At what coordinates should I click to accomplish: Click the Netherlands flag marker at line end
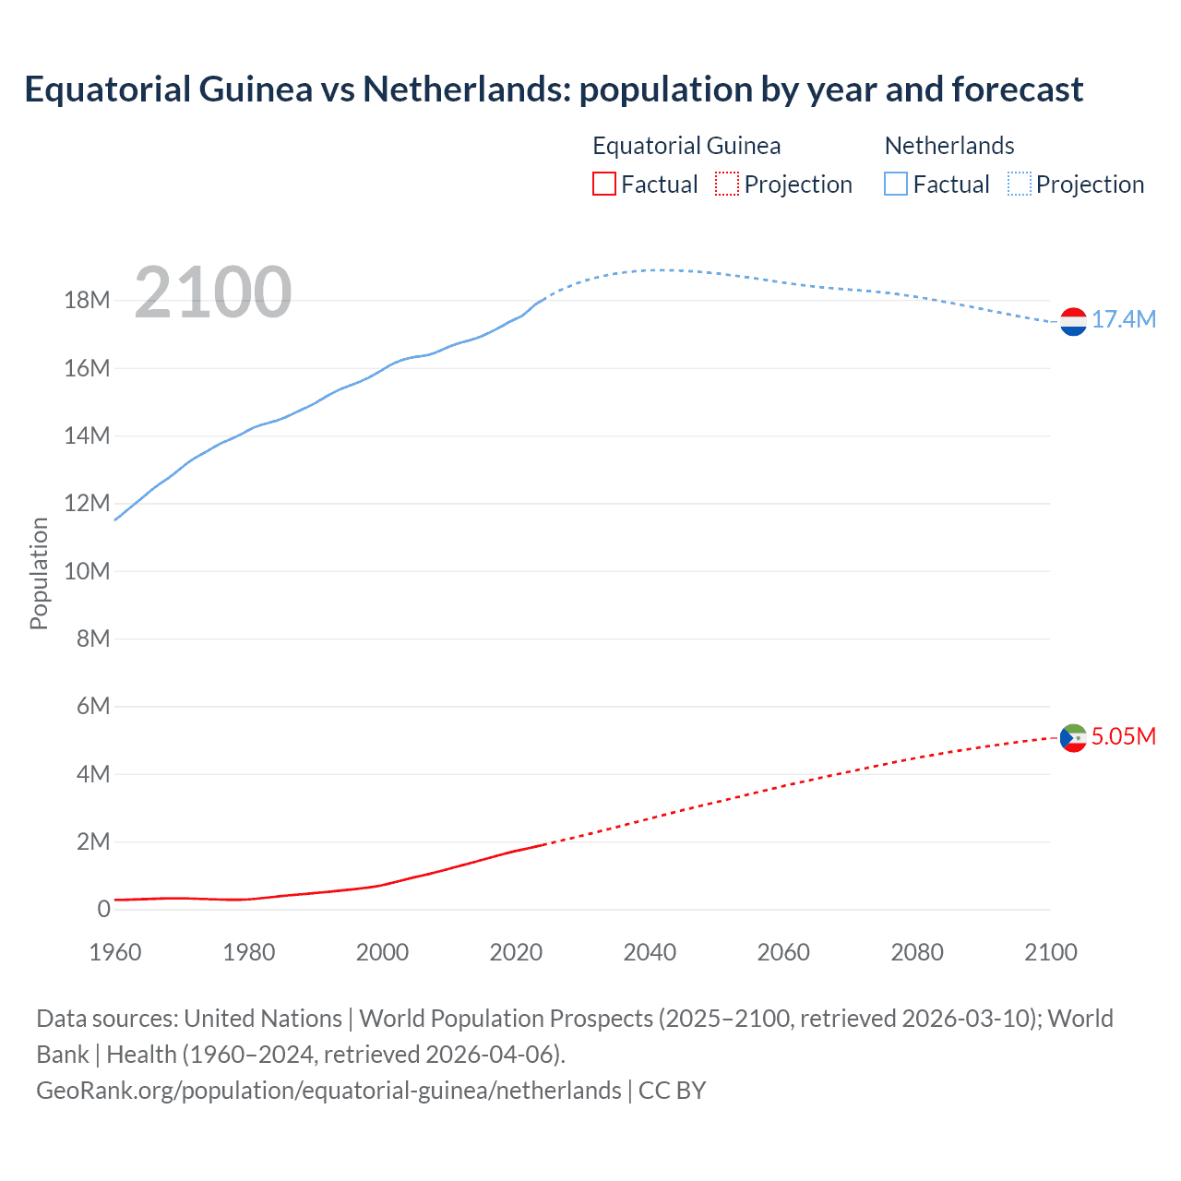pos(1073,322)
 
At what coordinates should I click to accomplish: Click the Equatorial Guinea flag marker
pos(1073,738)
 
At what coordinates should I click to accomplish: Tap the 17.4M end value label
pos(1124,320)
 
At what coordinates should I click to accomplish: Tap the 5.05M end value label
pos(1124,736)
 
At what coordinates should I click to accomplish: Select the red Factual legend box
pos(603,185)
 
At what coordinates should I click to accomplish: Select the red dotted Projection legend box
pos(727,185)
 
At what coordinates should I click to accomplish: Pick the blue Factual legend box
pos(896,185)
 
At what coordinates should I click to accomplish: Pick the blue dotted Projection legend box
pos(1020,185)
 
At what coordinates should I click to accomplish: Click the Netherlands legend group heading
pos(949,146)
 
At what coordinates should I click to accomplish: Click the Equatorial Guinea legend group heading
pos(686,146)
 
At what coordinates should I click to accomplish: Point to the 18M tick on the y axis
pos(87,301)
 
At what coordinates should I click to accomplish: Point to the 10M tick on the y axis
pos(87,571)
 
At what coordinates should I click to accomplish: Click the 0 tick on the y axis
pos(103,910)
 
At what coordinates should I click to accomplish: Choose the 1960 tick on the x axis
pos(115,952)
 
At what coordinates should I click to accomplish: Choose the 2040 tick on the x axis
pos(650,952)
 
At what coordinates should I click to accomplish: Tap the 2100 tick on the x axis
pos(1050,952)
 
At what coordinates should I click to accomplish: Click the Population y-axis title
pos(39,573)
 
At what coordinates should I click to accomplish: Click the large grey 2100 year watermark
pos(213,292)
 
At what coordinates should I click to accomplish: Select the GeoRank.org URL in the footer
pos(328,1091)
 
